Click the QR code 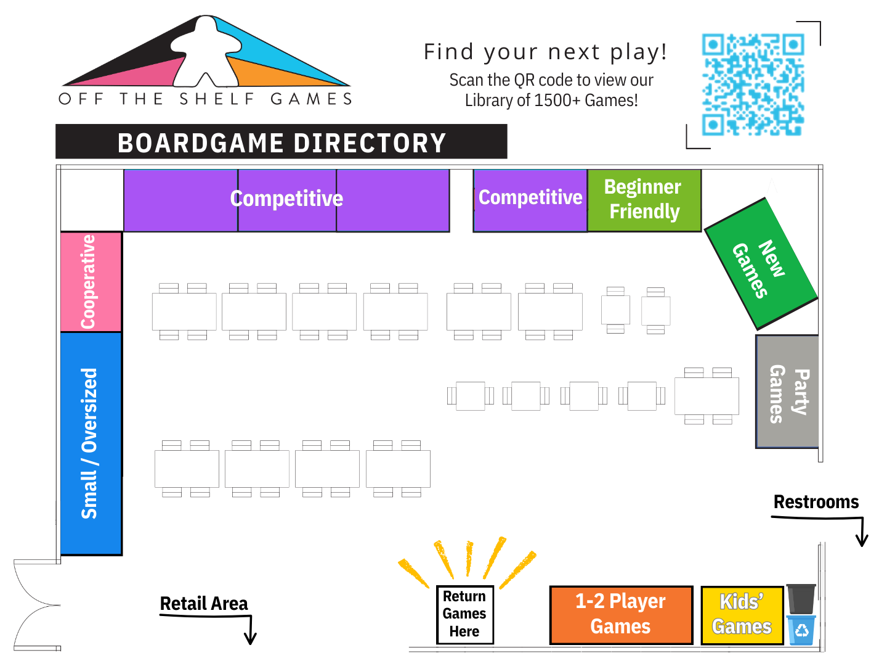pos(753,84)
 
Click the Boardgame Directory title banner pos(281,142)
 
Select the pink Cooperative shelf pos(91,282)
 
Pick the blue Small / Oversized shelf pos(91,443)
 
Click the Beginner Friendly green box pos(644,200)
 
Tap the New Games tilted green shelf pos(760,264)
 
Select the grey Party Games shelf pos(787,392)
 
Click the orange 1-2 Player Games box pos(620,614)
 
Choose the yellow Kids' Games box pos(742,614)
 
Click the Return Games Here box pos(464,614)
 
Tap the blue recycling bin pos(801,630)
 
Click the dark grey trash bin pos(801,599)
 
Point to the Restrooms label pos(816,502)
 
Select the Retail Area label pos(204,604)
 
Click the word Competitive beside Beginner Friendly pos(530,197)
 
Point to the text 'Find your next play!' pos(545,52)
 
